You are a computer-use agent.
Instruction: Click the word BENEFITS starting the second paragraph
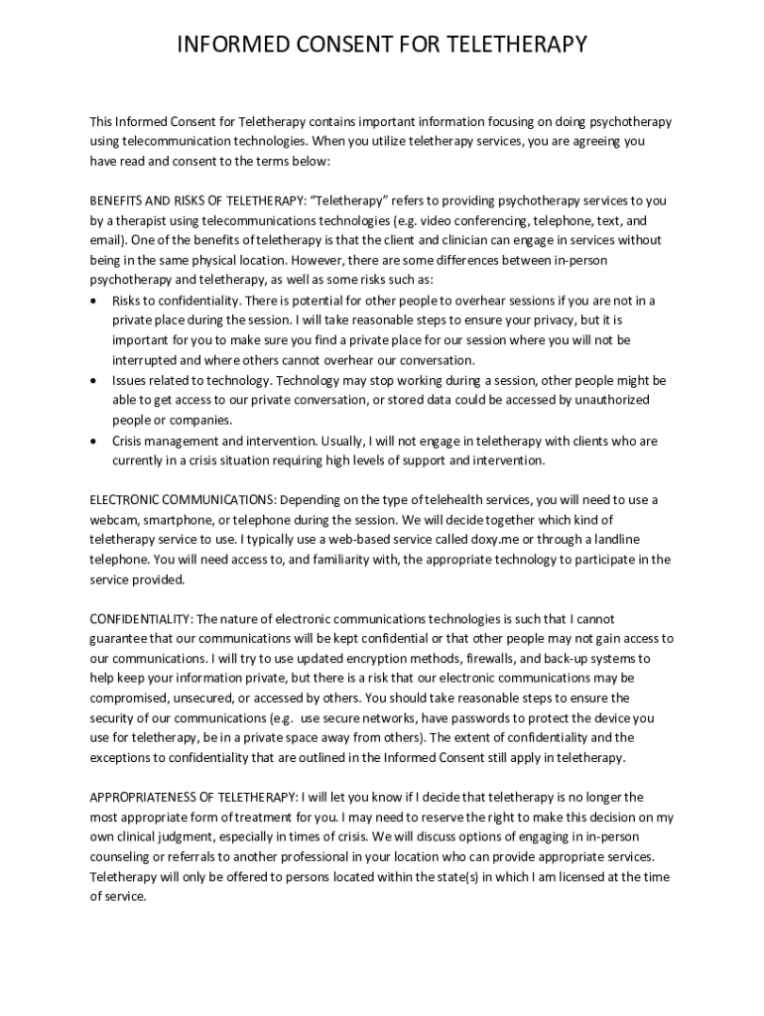[x=117, y=200]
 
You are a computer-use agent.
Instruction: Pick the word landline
[x=614, y=539]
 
